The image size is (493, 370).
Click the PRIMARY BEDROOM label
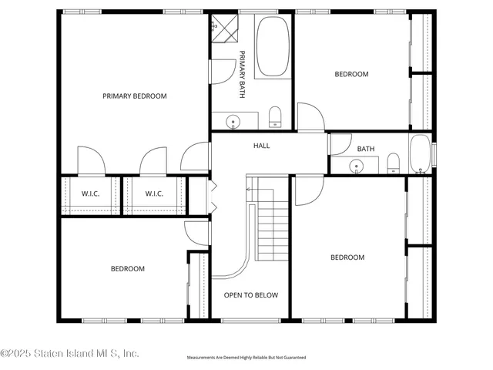135,96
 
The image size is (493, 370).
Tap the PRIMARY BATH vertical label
242,74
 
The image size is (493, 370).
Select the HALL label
262,145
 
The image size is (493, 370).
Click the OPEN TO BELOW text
250,295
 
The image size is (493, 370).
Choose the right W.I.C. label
154,193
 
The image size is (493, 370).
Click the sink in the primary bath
232,121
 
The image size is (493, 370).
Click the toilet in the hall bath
393,162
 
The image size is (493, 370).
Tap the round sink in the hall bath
357,165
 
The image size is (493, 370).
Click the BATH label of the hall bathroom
365,149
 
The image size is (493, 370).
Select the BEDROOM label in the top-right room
351,74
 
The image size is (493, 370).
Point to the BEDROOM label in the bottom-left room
127,268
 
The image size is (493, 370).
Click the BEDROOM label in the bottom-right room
347,257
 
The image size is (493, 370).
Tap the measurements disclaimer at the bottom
246,358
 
